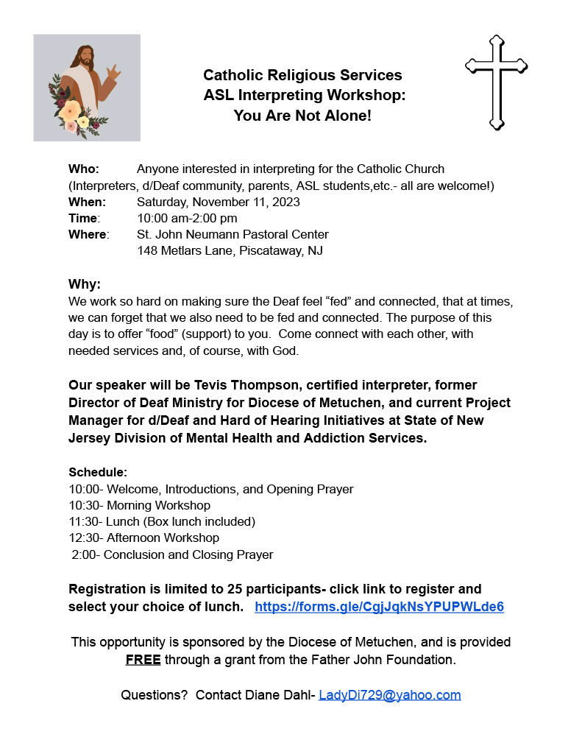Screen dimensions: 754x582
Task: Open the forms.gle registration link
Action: point(379,607)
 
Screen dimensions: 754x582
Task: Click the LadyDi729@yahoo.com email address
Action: point(389,695)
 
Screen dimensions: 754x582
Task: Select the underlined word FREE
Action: point(143,660)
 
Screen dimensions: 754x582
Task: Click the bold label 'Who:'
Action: point(84,169)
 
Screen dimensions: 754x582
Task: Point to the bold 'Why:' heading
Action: point(85,284)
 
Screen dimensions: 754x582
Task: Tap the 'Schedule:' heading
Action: point(98,472)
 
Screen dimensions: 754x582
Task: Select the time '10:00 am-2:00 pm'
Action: point(187,218)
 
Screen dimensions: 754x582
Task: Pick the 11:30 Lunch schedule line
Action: point(162,521)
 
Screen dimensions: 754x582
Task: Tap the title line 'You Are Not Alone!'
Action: point(302,116)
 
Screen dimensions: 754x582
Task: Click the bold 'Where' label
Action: point(87,234)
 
